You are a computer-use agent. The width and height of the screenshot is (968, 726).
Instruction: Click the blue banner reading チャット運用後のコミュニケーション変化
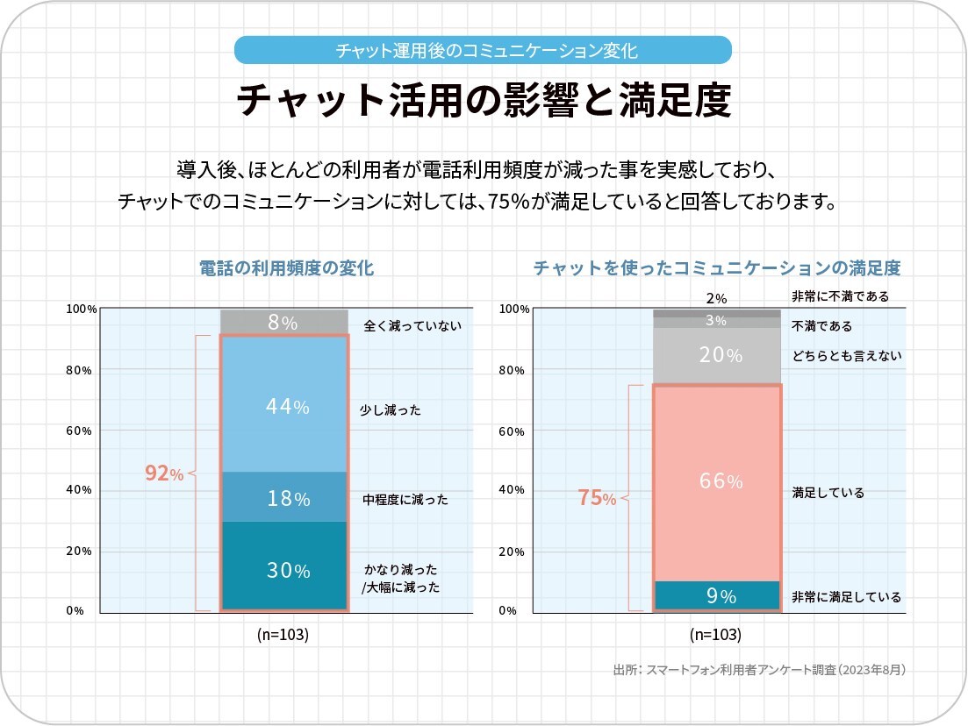483,50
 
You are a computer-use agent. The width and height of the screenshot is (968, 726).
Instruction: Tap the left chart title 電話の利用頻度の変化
286,268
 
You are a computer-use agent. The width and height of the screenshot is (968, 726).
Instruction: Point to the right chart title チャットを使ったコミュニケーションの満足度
717,268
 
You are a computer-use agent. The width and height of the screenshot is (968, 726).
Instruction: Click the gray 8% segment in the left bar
283,323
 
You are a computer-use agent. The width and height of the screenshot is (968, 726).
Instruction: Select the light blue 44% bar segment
283,406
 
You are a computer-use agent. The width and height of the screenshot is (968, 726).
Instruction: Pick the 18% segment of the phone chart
283,498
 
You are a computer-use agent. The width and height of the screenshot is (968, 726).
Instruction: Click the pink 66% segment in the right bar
717,481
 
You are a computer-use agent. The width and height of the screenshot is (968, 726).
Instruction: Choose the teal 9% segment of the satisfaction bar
717,596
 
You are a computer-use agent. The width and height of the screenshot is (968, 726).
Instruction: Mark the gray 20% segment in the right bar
717,356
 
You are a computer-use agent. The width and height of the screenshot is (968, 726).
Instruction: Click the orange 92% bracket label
164,473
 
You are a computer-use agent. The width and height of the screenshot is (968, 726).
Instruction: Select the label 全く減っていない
412,327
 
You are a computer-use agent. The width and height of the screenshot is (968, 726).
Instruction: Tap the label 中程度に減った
405,500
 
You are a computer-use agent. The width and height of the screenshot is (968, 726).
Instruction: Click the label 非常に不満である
840,296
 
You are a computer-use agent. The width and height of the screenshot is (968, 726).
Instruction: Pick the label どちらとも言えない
847,356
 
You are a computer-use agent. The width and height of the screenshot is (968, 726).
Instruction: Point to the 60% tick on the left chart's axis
79,431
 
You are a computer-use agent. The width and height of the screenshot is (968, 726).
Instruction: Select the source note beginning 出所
759,670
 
